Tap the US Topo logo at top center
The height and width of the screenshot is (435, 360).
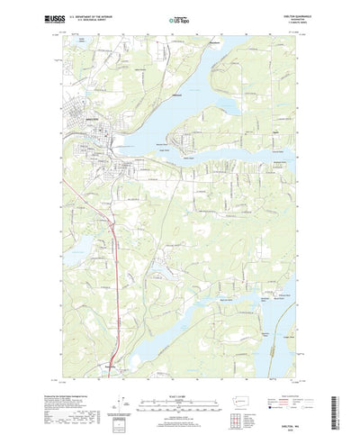coord(180,16)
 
